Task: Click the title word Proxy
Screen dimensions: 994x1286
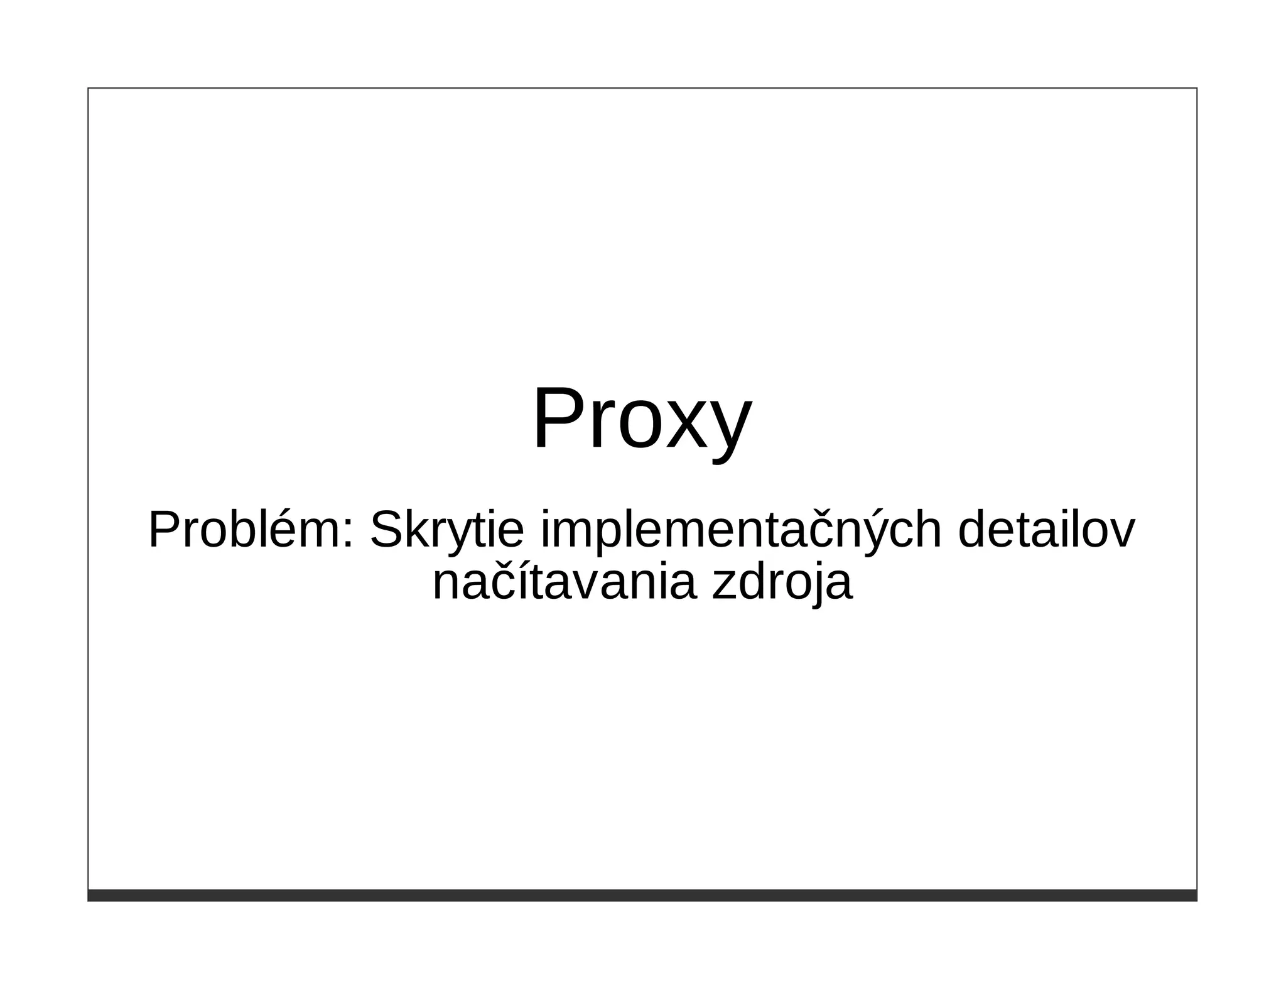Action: click(642, 419)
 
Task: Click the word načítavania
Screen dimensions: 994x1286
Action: click(565, 583)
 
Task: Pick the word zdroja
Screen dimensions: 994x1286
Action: click(782, 583)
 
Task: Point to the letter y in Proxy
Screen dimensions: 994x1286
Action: click(731, 434)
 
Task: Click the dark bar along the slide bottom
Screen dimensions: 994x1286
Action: click(642, 895)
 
